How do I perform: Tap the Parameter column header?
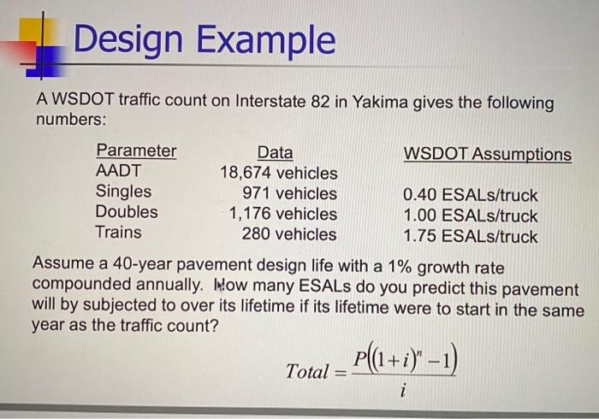[136, 151]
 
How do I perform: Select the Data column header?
[275, 153]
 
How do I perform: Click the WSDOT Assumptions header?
[487, 154]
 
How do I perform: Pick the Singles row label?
[123, 192]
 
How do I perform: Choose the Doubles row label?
[127, 211]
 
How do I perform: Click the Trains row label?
[119, 232]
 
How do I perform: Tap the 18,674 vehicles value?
[278, 174]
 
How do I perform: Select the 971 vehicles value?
[289, 193]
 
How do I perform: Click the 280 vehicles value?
[289, 234]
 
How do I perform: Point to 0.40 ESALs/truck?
[471, 195]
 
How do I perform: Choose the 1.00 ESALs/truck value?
[471, 215]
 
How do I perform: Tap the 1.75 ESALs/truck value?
[471, 236]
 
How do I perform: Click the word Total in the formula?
[307, 372]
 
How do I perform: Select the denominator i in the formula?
[402, 394]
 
